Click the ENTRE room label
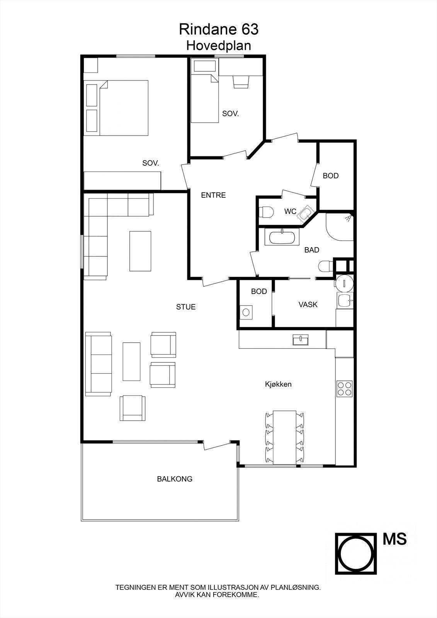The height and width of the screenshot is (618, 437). [x=213, y=195]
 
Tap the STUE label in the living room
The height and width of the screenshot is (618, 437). [x=186, y=307]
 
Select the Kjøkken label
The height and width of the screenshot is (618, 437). [x=278, y=384]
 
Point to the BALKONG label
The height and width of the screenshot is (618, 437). [x=175, y=479]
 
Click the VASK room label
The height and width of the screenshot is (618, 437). [x=308, y=305]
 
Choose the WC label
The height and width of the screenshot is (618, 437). [x=290, y=212]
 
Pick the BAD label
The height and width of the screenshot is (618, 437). [x=312, y=250]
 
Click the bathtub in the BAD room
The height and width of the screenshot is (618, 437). [x=282, y=237]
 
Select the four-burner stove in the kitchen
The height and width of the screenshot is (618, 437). [x=345, y=389]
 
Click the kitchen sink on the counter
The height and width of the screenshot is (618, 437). [x=301, y=340]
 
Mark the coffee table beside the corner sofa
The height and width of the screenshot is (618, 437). [x=140, y=251]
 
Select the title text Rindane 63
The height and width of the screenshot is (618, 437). [x=219, y=29]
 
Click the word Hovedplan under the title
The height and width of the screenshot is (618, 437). [x=219, y=46]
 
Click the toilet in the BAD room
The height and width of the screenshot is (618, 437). [x=325, y=267]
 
